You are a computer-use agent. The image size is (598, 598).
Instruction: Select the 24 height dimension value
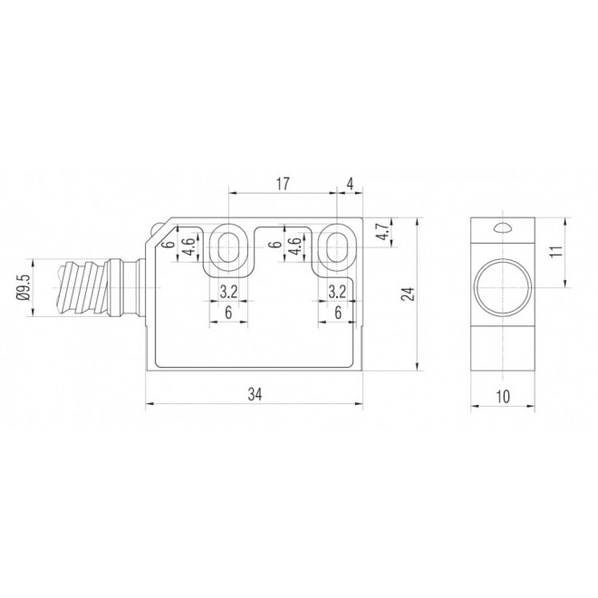407,294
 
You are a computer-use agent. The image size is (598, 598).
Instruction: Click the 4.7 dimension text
383,232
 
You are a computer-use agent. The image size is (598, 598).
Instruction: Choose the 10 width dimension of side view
503,394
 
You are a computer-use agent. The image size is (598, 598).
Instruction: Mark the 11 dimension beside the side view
558,251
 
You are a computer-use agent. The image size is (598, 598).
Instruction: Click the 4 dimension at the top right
350,184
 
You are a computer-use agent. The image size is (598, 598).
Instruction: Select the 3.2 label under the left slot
228,292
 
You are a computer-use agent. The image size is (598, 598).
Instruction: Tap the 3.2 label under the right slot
337,292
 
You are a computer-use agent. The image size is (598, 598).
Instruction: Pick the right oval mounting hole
337,246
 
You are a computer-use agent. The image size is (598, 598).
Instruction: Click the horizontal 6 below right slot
337,312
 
